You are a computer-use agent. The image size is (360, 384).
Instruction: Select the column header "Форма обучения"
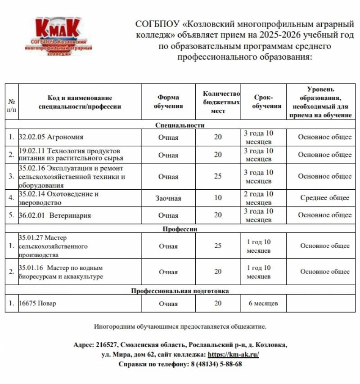[168, 102]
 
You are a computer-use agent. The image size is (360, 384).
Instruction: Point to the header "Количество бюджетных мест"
[218, 102]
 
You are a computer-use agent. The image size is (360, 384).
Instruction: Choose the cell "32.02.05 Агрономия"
[51, 137]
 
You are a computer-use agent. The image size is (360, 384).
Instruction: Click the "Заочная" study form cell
[168, 198]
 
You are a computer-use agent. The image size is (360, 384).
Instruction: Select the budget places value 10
[218, 198]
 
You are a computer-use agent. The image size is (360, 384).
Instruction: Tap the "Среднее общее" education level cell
[325, 198]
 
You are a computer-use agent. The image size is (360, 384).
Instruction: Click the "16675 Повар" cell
[38, 304]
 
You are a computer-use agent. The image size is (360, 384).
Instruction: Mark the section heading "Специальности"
[180, 125]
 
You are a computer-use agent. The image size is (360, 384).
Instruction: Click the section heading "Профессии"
[180, 228]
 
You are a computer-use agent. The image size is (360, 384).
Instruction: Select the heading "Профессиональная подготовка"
[180, 291]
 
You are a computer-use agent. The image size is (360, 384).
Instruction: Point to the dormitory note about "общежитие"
[180, 326]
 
